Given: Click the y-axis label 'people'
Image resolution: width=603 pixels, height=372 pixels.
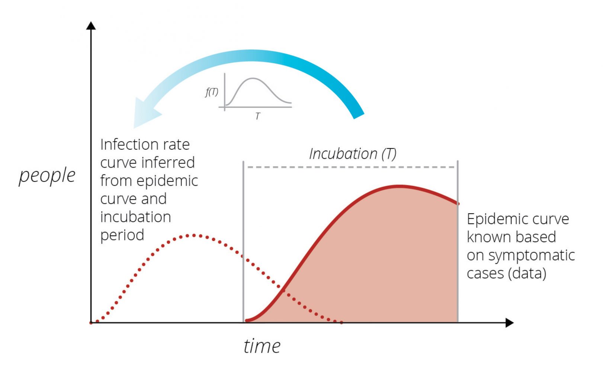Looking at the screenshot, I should tap(47, 176).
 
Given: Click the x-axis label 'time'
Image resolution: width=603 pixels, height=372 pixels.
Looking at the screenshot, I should tap(262, 346).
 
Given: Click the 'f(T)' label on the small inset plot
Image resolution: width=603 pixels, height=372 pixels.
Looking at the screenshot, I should tap(212, 92).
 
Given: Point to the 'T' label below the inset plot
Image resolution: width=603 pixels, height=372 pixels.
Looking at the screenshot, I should tap(257, 116).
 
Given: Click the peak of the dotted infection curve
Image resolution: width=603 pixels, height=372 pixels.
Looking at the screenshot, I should tap(193, 235).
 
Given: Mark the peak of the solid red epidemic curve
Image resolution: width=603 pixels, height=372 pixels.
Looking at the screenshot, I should tap(399, 186).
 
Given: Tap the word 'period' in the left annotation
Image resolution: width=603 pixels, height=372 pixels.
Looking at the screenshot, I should tap(122, 235).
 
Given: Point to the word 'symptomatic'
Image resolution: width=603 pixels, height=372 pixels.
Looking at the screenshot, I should tap(532, 255).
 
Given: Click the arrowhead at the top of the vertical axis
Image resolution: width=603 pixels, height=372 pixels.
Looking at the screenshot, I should tap(91, 26).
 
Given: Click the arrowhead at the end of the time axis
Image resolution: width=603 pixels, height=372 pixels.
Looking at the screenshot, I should tap(509, 323).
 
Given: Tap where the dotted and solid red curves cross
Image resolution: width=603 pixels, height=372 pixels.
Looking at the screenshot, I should tap(283, 290).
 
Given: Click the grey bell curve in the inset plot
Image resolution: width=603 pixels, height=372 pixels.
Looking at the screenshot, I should tap(253, 78).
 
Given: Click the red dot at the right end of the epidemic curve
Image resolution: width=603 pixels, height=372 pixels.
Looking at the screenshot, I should tap(458, 203).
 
